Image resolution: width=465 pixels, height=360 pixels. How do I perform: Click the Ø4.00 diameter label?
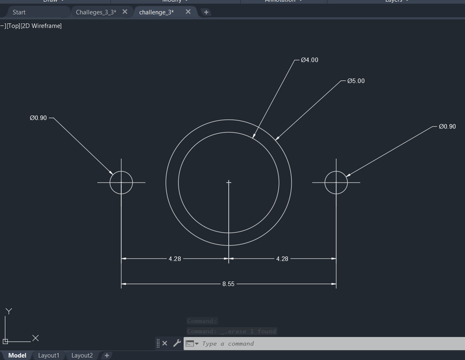coord(309,60)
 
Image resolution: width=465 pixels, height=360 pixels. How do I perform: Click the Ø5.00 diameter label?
coord(356,81)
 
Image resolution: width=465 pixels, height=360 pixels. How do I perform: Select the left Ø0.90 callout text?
coord(38,118)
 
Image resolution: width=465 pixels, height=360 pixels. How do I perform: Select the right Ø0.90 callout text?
coord(447,126)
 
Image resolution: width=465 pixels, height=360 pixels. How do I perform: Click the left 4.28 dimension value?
coord(174,258)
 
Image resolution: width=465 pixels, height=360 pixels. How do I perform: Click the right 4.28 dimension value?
coord(282,258)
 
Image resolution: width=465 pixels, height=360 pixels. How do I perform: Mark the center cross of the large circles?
coord(229,183)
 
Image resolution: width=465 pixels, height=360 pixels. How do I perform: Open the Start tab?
coord(19,12)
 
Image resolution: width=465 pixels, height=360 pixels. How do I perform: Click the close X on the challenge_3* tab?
coord(188,12)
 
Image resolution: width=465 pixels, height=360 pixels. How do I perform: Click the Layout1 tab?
coord(49,355)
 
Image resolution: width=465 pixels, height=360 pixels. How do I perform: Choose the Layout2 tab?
coord(82,355)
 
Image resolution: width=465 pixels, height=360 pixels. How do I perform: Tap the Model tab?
coord(17,355)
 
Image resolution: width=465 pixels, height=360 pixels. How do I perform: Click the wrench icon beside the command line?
coord(177,344)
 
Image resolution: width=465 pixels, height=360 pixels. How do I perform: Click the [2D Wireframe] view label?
coord(41,26)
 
